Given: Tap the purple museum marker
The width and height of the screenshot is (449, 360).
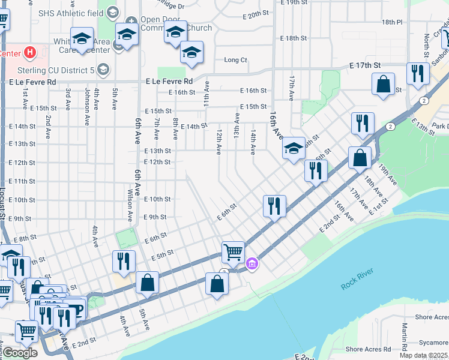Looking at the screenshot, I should (x=252, y=263).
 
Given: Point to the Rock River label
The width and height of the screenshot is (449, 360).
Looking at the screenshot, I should (x=357, y=280).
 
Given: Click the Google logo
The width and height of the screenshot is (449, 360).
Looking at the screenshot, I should (x=19, y=353).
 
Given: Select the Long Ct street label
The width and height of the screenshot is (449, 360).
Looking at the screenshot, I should (x=235, y=60).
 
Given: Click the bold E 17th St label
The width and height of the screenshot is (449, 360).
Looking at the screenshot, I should (x=366, y=65).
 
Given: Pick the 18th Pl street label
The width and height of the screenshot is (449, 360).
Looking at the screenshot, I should (x=391, y=22).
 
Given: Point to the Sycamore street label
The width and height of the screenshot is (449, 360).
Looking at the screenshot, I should (x=433, y=343).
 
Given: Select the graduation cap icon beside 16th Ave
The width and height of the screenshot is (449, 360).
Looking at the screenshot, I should (x=293, y=148).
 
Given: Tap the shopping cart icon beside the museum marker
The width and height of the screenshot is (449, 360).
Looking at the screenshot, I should (x=232, y=251).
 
